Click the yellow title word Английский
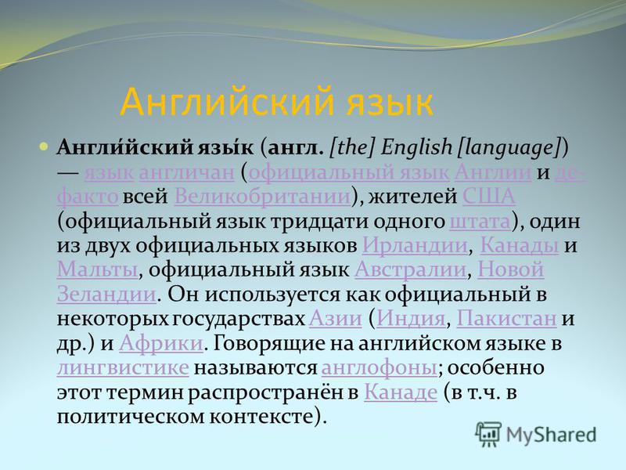tap(227, 102)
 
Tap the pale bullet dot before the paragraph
tap(44, 146)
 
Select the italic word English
tap(416, 147)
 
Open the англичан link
tap(186, 172)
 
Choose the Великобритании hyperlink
tap(262, 197)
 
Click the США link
tap(488, 197)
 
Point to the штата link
tap(480, 222)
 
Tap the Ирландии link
tap(415, 245)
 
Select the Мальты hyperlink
tap(97, 269)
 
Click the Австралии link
tap(410, 269)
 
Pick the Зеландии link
tap(106, 295)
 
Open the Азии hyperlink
tap(336, 319)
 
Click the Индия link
tap(411, 319)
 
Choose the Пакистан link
tap(506, 319)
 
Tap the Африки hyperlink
tap(161, 343)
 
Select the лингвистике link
tap(123, 367)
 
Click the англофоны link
tap(380, 368)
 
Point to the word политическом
tap(131, 417)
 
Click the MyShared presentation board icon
tap(487, 435)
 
